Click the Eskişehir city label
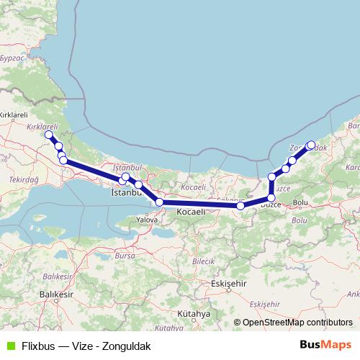click(228, 284)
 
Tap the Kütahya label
click(193, 315)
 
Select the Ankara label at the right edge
click(354, 294)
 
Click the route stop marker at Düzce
click(271, 198)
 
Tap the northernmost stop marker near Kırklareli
click(49, 135)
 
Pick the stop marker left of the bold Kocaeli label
click(159, 203)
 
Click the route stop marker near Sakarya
click(240, 207)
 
